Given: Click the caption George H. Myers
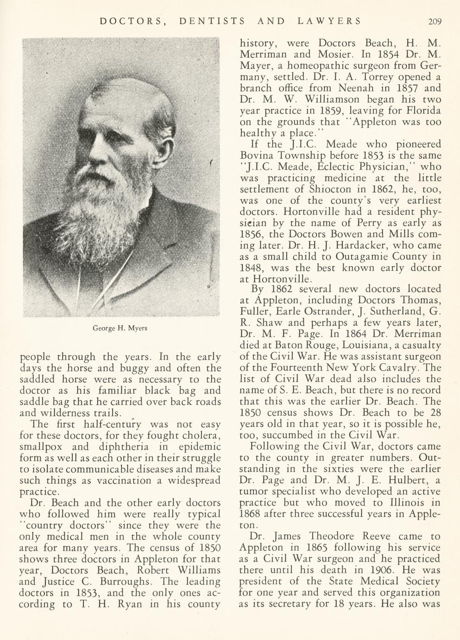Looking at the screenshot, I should pyautogui.click(x=120, y=328).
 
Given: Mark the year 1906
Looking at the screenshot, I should pyautogui.click(x=379, y=570).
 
